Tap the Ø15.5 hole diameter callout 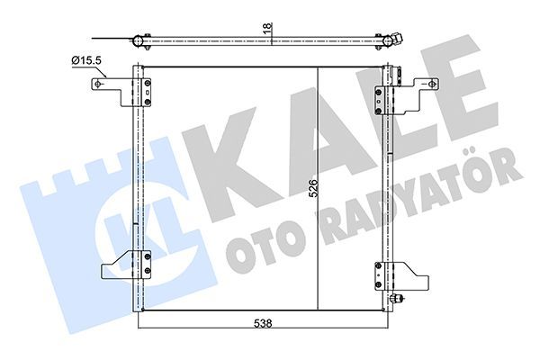pos(88,60)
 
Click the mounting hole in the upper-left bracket pos(99,85)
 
